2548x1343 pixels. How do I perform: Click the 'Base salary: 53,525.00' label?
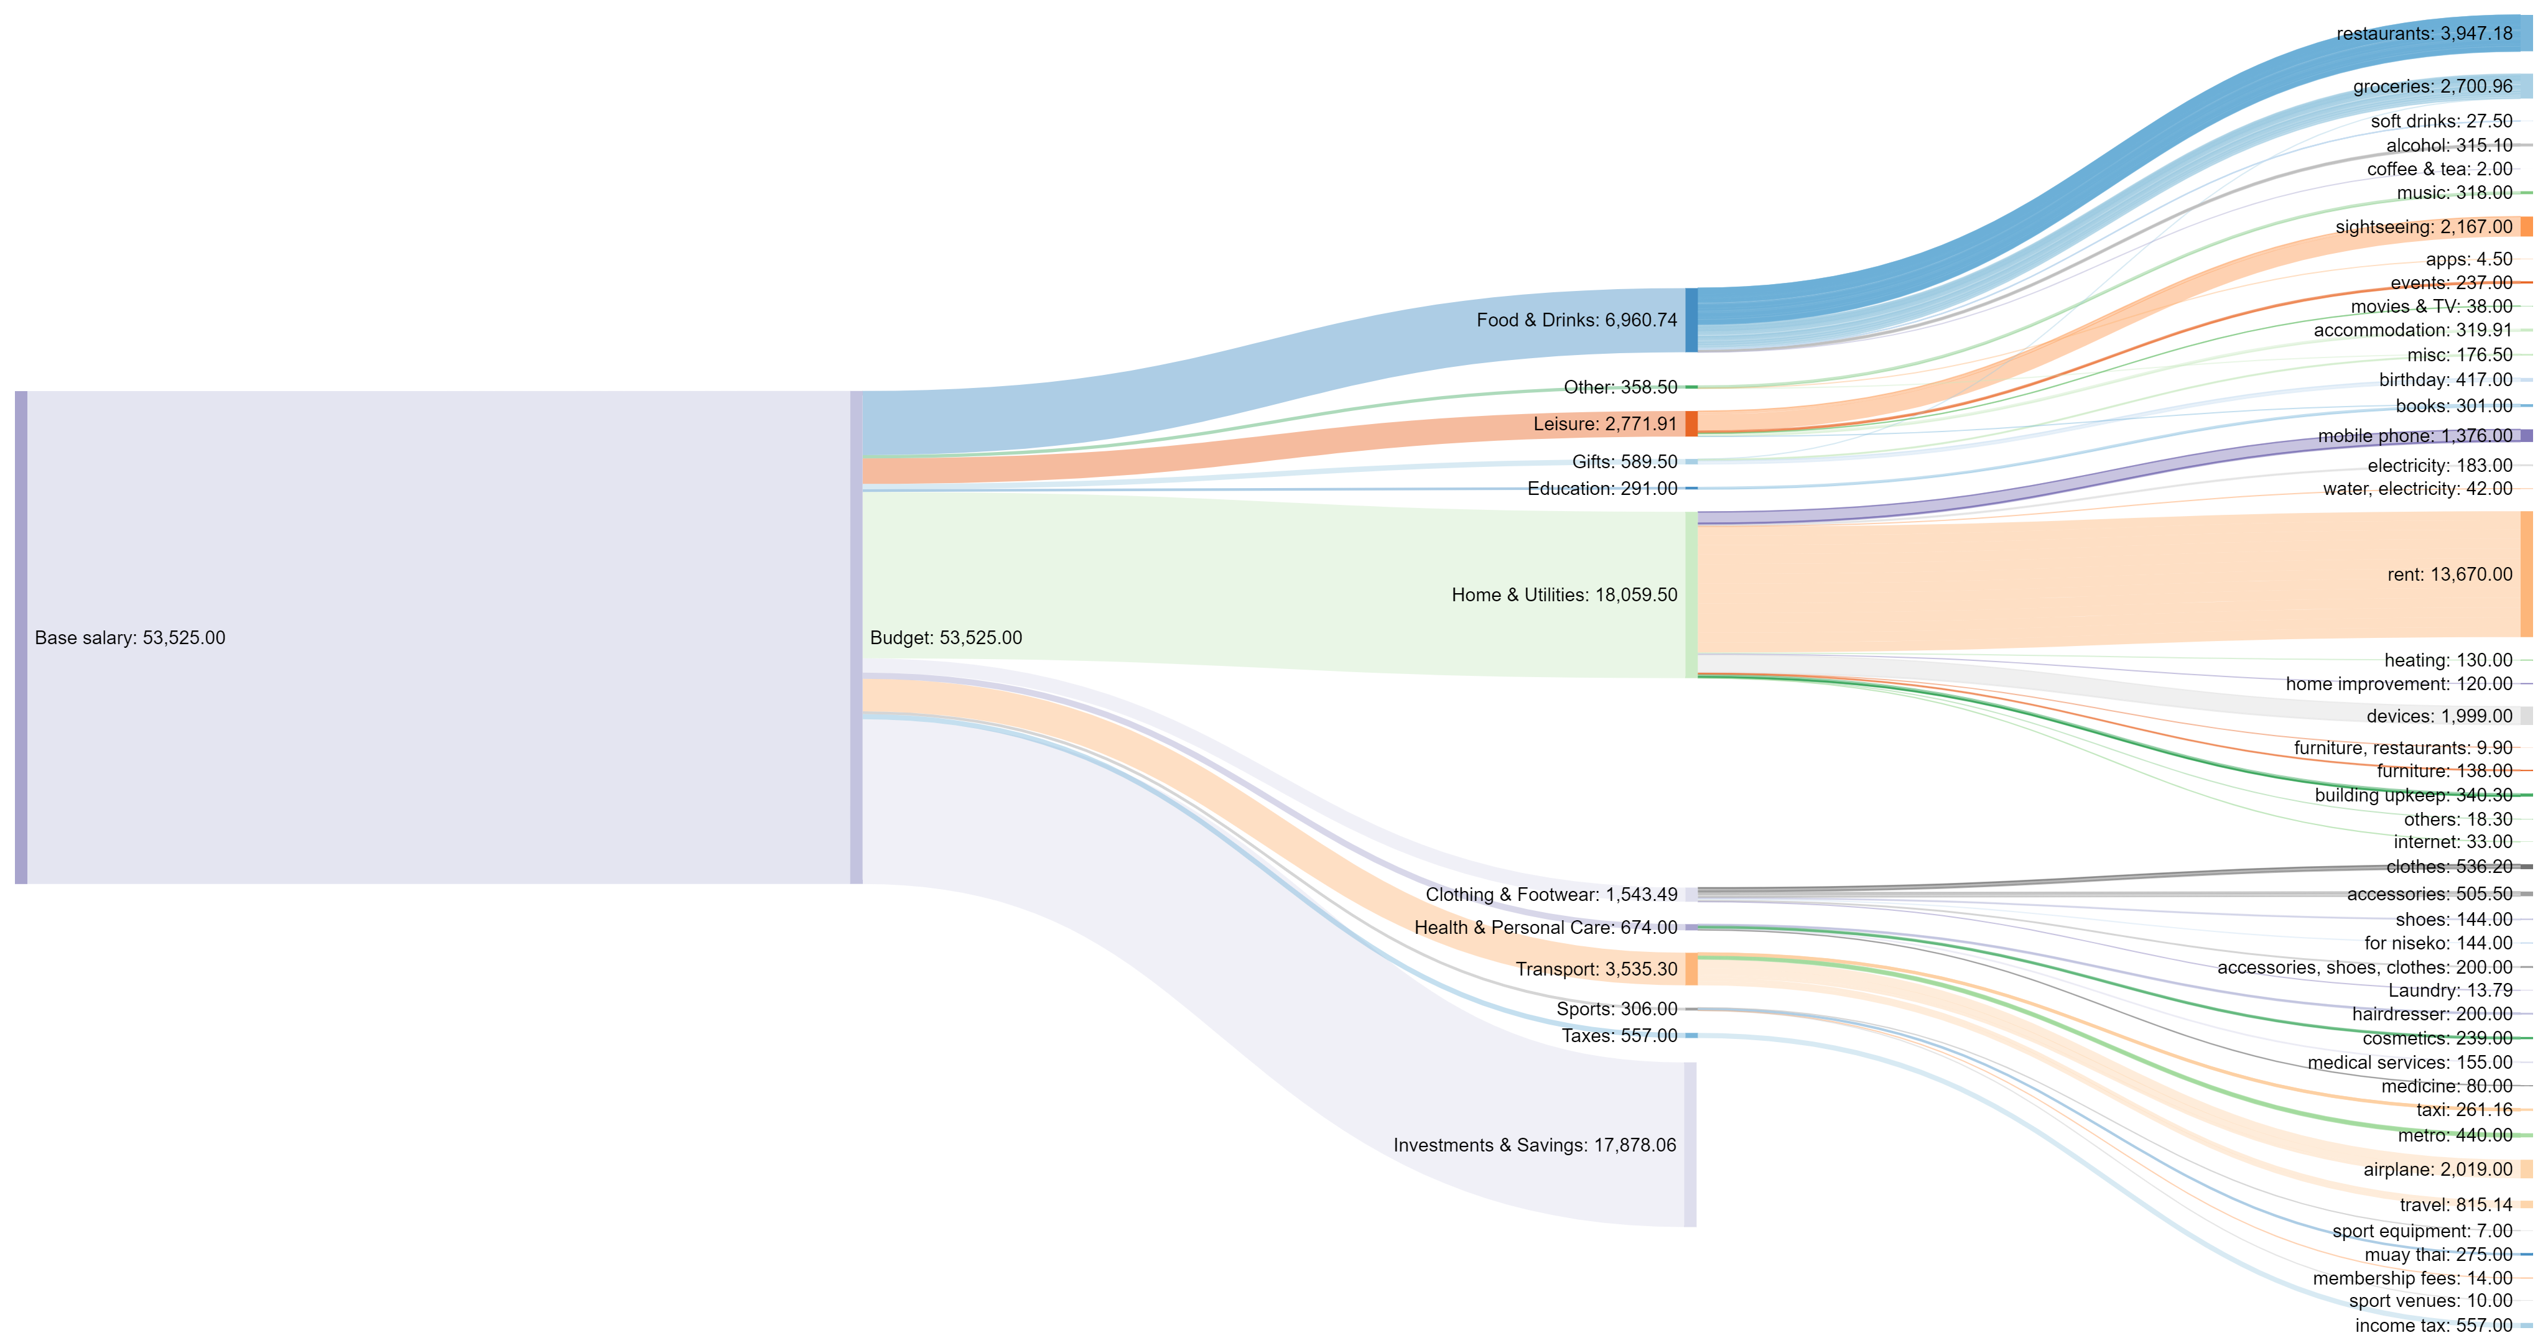(x=129, y=638)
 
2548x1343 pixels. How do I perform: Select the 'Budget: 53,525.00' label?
(x=945, y=638)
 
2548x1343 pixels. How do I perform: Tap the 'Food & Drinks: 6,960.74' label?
(x=1577, y=320)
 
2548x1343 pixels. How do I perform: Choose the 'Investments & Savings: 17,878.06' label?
(x=1534, y=1145)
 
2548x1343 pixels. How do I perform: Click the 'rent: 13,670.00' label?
(x=2449, y=575)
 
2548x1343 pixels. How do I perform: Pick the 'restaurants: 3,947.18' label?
(x=2424, y=34)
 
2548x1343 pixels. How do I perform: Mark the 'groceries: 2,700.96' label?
(x=2432, y=87)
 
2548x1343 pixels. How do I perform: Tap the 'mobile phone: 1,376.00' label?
(x=2414, y=436)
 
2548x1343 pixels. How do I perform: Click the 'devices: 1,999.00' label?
(x=2439, y=716)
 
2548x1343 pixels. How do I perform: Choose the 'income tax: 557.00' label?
(x=2434, y=1325)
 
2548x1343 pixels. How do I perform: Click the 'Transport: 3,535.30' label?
(x=1596, y=969)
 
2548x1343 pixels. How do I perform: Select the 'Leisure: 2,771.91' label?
(x=1606, y=424)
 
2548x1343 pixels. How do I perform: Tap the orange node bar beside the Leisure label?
(x=1691, y=423)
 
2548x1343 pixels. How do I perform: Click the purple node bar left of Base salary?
(x=21, y=638)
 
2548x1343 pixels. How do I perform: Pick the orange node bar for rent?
(x=2526, y=575)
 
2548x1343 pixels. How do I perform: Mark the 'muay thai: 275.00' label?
(x=2439, y=1255)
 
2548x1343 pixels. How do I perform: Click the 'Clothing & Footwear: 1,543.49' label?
(x=1551, y=895)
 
